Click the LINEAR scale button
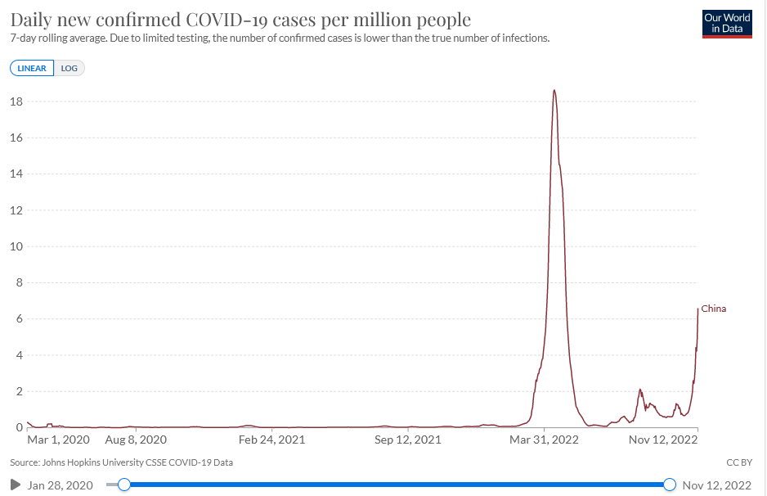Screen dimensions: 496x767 [33, 68]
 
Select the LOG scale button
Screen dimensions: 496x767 [70, 68]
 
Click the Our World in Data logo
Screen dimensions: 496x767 [727, 24]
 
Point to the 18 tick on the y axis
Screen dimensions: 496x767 [15, 101]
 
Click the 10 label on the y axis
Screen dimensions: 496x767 [15, 246]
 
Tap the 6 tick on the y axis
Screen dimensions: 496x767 [16, 319]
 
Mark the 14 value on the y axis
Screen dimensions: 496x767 [15, 174]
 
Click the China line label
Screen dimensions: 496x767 [714, 309]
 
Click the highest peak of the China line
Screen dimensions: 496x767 [554, 90]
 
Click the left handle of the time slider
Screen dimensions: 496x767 [124, 485]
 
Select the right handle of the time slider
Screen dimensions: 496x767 [670, 485]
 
